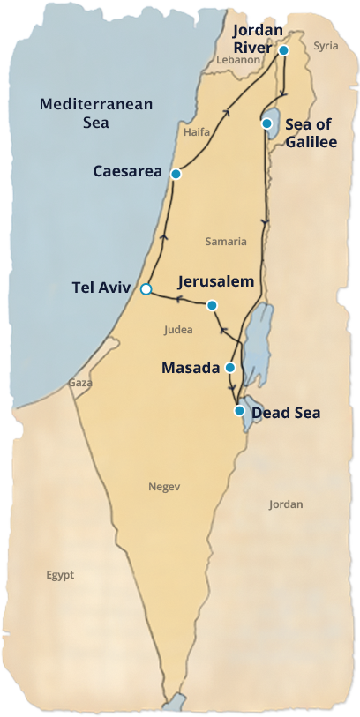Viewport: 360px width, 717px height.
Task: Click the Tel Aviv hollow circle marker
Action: (x=146, y=288)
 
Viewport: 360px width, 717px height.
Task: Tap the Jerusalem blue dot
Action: (x=212, y=305)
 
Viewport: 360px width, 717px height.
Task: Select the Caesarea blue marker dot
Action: (x=176, y=174)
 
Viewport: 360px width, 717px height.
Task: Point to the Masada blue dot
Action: (x=230, y=367)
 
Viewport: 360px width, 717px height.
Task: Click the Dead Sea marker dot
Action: (x=239, y=411)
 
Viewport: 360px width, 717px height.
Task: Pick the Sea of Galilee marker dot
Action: (x=266, y=123)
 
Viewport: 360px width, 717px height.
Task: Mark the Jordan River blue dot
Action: (x=284, y=50)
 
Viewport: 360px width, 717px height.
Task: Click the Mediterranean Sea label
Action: (x=96, y=114)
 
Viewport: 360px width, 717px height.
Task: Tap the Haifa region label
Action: (x=196, y=132)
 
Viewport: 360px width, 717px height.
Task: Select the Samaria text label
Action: (x=226, y=241)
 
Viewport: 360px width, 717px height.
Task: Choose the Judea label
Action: (x=177, y=330)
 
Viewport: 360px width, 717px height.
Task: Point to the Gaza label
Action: (x=81, y=384)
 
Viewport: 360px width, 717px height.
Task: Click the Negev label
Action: (x=165, y=487)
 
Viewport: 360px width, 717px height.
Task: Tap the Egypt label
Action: (x=60, y=575)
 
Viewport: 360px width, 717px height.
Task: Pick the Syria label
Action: (x=326, y=45)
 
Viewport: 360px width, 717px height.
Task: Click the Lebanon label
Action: (x=239, y=60)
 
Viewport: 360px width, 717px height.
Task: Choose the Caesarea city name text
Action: (x=128, y=171)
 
